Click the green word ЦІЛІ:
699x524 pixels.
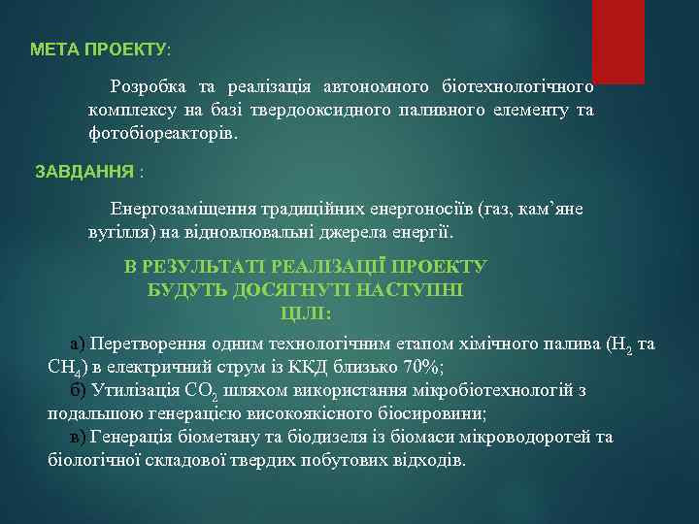tap(306, 312)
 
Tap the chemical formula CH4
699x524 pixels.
tap(65, 367)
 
